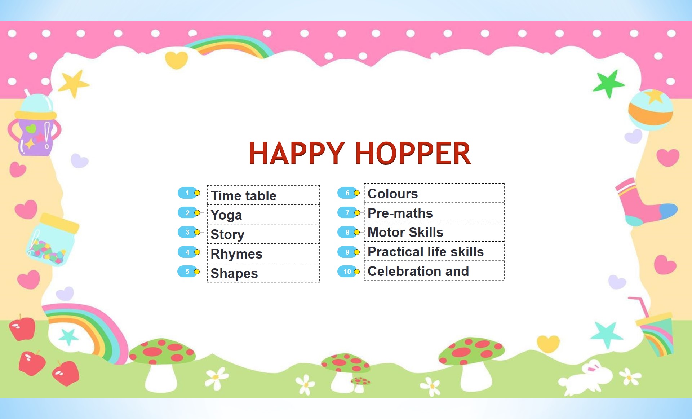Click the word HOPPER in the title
[413, 154]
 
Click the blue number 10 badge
[347, 272]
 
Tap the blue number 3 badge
[187, 232]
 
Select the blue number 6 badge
[347, 193]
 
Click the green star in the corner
[609, 84]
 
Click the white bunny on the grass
[586, 377]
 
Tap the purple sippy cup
[35, 124]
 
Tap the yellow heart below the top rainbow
[177, 60]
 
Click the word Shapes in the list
[234, 273]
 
